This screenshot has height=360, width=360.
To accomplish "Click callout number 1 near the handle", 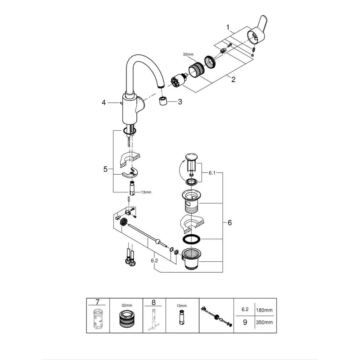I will (228, 27).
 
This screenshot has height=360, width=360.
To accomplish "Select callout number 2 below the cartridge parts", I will (233, 80).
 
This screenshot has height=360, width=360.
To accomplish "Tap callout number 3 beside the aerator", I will (180, 102).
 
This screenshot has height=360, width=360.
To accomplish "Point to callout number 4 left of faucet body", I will (104, 102).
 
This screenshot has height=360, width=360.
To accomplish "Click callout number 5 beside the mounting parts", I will (105, 169).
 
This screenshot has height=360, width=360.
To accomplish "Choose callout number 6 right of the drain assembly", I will (229, 222).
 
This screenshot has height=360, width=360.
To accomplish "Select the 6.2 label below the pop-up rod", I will (154, 261).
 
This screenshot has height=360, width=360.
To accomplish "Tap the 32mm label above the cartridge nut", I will (188, 54).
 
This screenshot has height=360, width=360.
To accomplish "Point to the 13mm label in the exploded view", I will (146, 192).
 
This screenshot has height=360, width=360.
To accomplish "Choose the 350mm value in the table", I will (264, 322).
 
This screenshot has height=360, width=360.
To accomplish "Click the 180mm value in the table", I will (264, 309).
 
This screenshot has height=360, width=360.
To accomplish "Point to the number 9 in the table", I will (245, 322).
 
